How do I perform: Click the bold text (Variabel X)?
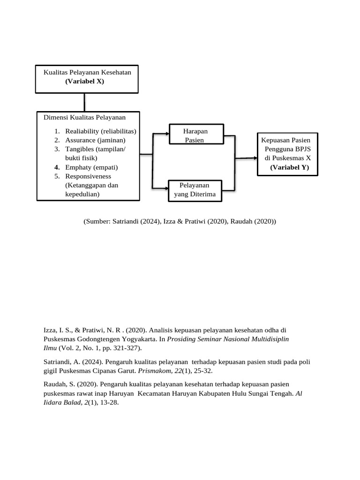pos(84,81)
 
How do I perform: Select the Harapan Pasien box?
pos(196,135)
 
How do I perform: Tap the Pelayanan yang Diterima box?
pos(195,190)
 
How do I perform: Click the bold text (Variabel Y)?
pos(289,167)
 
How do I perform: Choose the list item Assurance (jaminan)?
pos(95,140)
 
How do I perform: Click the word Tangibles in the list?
pos(80,149)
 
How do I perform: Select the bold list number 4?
pos(56,167)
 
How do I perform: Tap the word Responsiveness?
pos(88,176)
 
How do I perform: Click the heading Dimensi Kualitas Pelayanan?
pos(84,117)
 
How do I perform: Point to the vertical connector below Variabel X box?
pos(84,102)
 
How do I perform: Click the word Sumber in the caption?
pos(97,221)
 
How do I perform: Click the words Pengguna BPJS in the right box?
pos(287,149)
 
